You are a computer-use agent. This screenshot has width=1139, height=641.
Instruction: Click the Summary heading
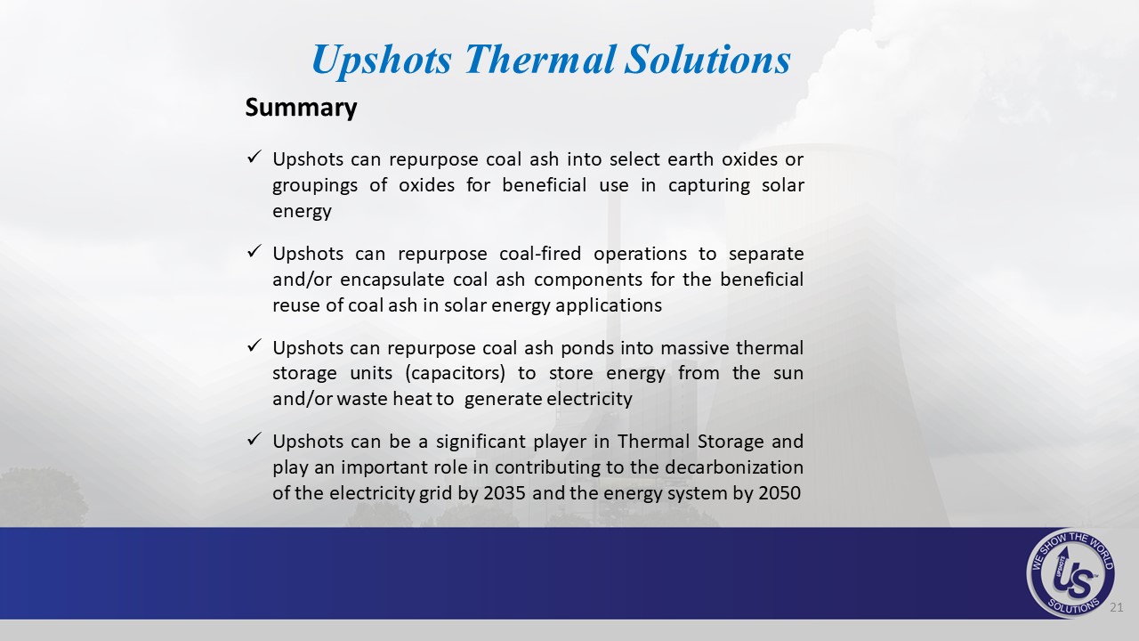tap(301, 108)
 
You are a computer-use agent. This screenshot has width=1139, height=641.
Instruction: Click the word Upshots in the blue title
tap(382, 61)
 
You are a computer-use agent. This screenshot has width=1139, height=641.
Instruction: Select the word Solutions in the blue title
tap(707, 59)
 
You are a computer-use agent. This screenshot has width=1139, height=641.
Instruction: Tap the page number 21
tap(1116, 607)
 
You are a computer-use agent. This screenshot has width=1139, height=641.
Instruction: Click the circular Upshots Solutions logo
tap(1070, 572)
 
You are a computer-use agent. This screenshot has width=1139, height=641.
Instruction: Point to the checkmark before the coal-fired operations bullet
tap(254, 250)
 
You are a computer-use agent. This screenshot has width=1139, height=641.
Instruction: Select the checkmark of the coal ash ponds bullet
tap(254, 345)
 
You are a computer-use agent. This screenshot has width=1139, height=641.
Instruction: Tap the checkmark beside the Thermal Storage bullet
tap(254, 438)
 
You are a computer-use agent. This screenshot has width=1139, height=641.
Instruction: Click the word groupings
tap(315, 186)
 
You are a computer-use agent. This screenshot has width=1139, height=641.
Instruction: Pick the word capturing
tap(709, 186)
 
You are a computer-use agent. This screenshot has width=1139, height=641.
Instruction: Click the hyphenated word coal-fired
tap(540, 254)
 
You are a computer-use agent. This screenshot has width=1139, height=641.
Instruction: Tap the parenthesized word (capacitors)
tap(455, 374)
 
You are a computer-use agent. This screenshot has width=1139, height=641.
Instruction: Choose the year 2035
tap(505, 493)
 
